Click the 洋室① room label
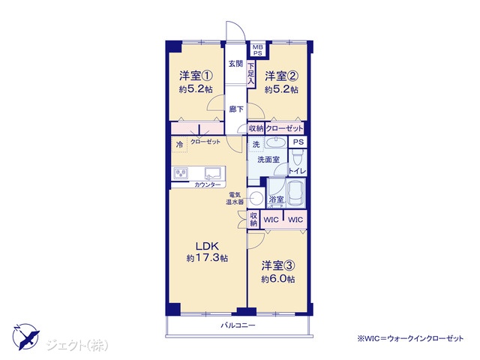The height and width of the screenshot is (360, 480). (196, 75)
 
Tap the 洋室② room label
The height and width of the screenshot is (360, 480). (282, 76)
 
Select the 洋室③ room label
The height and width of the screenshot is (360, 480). (278, 265)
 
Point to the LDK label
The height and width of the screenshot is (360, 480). (207, 245)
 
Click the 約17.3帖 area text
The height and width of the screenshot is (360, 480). (207, 258)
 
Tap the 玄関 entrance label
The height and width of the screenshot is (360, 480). (236, 64)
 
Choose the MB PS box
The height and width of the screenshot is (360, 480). (258, 50)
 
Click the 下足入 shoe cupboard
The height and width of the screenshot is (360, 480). (251, 74)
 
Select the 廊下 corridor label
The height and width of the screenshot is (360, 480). (236, 109)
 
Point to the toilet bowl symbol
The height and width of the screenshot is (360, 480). (297, 158)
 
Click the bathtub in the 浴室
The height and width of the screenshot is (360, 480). (295, 193)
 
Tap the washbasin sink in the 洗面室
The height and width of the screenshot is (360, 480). (275, 142)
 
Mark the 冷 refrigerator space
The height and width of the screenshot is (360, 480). (180, 144)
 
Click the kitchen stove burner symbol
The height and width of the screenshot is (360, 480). (181, 173)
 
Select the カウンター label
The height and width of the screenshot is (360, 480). (208, 185)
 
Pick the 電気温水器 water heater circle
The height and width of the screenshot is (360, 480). (255, 198)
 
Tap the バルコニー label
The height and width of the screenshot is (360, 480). (238, 325)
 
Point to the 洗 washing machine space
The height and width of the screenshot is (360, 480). (256, 144)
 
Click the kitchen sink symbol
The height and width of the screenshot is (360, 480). (214, 173)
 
